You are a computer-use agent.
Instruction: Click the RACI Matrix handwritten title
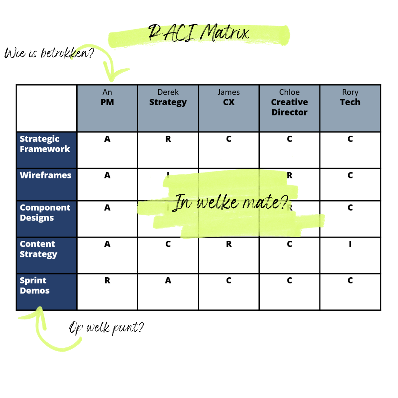point(198,33)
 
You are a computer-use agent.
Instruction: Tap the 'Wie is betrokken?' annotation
point(49,53)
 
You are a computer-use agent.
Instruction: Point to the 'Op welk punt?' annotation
point(106,328)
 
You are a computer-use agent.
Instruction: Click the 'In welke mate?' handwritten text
point(231,202)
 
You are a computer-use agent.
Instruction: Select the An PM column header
point(107,98)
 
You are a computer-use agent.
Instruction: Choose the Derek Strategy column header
point(168,98)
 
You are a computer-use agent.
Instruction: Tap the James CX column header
point(229,98)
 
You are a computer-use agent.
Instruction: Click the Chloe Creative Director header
point(289,102)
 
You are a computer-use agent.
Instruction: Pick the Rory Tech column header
point(350,98)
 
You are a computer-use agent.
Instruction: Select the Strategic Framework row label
point(45,144)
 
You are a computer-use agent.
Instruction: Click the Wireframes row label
point(45,175)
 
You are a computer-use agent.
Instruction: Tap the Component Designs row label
point(45,213)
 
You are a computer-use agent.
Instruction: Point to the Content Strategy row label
point(38,249)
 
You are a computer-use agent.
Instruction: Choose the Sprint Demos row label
point(34,286)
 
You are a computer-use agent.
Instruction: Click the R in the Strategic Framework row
point(168,139)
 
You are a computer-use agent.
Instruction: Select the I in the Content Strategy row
point(350,244)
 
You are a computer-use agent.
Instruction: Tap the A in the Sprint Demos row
point(168,281)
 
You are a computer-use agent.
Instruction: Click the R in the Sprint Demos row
point(107,281)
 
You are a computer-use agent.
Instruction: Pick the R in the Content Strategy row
point(229,244)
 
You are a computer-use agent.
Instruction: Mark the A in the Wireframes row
point(107,175)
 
